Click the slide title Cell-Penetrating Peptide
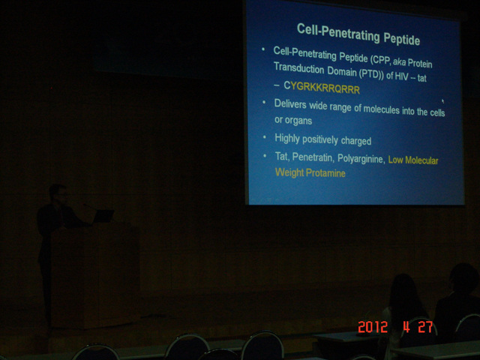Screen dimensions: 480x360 pyautogui.click(x=358, y=34)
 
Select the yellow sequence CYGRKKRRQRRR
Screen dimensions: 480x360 pyautogui.click(x=322, y=88)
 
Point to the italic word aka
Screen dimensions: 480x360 pyautogui.click(x=399, y=61)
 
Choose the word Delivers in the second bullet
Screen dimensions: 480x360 pyautogui.click(x=290, y=104)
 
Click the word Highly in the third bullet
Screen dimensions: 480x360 pyautogui.click(x=287, y=138)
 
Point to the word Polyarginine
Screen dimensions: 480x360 pyautogui.click(x=360, y=159)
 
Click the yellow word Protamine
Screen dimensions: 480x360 pyautogui.click(x=325, y=173)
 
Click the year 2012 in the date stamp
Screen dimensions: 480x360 pyautogui.click(x=373, y=327)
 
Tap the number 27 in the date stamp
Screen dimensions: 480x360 pyautogui.click(x=425, y=327)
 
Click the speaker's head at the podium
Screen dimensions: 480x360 pyautogui.click(x=58, y=193)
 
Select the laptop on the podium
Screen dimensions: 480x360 pyautogui.click(x=103, y=216)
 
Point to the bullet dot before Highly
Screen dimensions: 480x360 pyautogui.click(x=265, y=136)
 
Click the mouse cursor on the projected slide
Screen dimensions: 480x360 pyautogui.click(x=442, y=100)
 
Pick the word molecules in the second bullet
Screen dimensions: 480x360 pyautogui.click(x=381, y=109)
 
